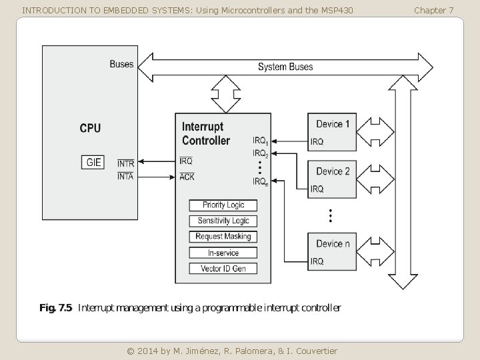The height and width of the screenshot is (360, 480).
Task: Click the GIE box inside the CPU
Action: point(93,162)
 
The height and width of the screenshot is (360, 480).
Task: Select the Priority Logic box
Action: point(223,205)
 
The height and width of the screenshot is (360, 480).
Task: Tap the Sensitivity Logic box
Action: point(223,221)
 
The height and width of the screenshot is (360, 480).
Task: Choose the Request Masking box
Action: point(223,237)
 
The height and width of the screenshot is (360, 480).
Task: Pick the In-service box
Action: point(223,253)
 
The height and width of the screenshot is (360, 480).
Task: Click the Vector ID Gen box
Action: point(223,269)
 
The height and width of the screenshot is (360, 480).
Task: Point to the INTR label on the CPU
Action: point(126,163)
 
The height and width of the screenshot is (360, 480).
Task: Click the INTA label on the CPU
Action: point(125,176)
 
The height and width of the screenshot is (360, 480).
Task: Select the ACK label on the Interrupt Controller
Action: point(187,177)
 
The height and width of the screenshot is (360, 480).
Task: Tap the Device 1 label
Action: point(333,124)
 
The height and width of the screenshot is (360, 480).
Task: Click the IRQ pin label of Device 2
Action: point(317,189)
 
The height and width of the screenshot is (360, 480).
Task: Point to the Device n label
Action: point(333,244)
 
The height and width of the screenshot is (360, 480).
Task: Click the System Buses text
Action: point(285,67)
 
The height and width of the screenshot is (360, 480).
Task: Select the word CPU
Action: point(90,128)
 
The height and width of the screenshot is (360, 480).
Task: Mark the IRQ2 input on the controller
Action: point(261,153)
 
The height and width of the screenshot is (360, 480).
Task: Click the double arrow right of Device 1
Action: point(375,132)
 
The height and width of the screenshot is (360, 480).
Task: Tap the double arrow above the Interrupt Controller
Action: point(226,94)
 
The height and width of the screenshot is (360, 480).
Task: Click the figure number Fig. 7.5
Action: point(56,307)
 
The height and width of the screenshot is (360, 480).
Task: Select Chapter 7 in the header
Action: point(433,11)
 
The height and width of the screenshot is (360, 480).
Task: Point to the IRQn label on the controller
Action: point(261,182)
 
